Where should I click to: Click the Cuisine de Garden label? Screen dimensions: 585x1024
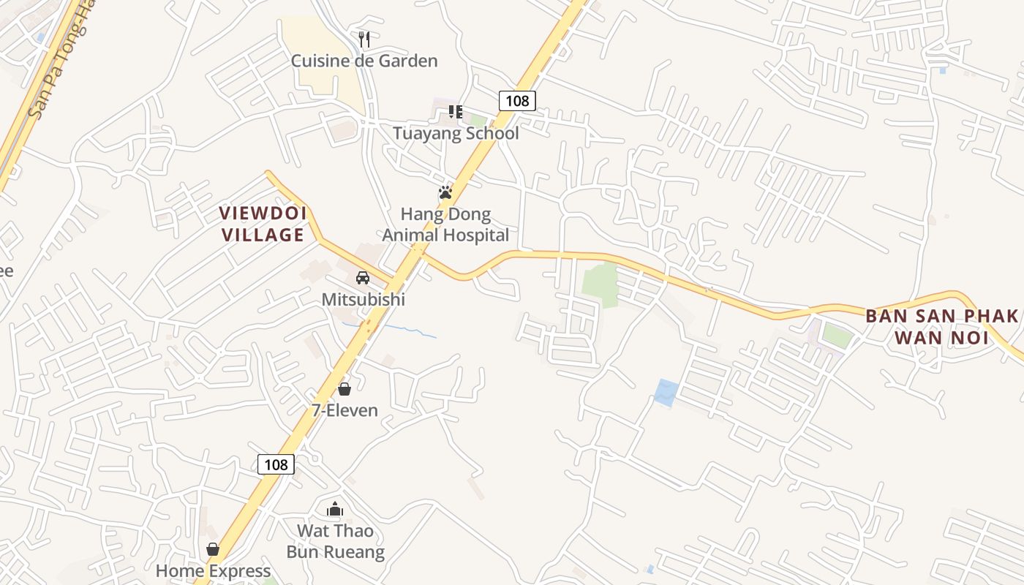coord(364,61)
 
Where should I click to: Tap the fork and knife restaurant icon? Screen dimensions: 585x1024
coord(364,39)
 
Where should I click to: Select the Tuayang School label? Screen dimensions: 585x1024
coord(456,133)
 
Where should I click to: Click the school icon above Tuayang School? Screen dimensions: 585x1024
coord(456,112)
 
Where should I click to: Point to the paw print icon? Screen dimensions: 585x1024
coord(445,193)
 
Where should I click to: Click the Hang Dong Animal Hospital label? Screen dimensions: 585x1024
coord(445,224)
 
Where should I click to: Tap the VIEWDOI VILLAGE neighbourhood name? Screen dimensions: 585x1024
coord(263,224)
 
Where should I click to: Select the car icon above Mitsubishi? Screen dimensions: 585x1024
coord(363,278)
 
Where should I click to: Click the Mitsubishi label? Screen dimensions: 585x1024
coord(363,300)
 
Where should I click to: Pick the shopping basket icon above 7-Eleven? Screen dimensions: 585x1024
coord(345,389)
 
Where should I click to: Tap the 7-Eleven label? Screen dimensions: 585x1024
coord(345,410)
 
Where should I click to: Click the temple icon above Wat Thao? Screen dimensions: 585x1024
coord(335,509)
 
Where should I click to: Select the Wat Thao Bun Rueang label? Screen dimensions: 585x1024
coord(335,541)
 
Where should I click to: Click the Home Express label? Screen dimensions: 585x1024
coord(213,570)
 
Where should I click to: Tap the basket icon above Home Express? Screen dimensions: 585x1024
coord(213,549)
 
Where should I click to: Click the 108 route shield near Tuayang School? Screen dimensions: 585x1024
coord(517,100)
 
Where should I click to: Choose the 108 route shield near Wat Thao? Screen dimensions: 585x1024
coord(276,464)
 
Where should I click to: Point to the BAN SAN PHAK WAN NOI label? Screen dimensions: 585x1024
coord(941,327)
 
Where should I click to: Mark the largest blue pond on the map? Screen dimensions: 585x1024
coord(666,393)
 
